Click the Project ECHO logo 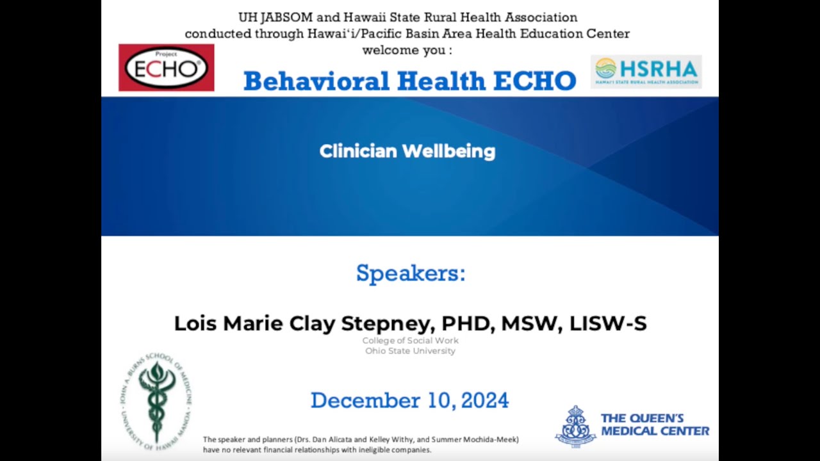click(x=167, y=67)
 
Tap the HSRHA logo click(x=646, y=71)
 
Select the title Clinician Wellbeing click(x=407, y=152)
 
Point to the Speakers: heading click(x=411, y=273)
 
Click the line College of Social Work click(x=411, y=341)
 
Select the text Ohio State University click(x=411, y=351)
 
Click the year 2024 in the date click(x=484, y=401)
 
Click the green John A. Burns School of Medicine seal click(x=155, y=401)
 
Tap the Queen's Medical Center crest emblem click(x=575, y=426)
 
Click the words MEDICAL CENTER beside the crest click(x=655, y=432)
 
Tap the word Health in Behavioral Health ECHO click(x=441, y=81)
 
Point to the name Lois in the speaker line click(x=195, y=323)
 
